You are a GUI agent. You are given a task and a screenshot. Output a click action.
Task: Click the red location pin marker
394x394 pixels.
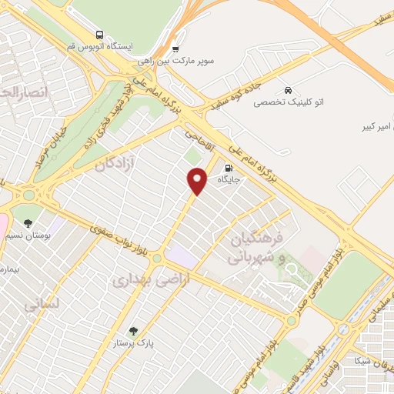[198, 180]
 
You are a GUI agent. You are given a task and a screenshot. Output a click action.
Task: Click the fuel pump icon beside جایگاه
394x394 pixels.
[228, 168]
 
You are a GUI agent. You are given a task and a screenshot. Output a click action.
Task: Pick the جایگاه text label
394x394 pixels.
[229, 180]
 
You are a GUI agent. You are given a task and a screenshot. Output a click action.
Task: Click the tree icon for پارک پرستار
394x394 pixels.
[134, 331]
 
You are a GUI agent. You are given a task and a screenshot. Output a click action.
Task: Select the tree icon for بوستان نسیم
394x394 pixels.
[28, 223]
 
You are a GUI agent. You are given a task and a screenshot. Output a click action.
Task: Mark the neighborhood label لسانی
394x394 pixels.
[42, 305]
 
